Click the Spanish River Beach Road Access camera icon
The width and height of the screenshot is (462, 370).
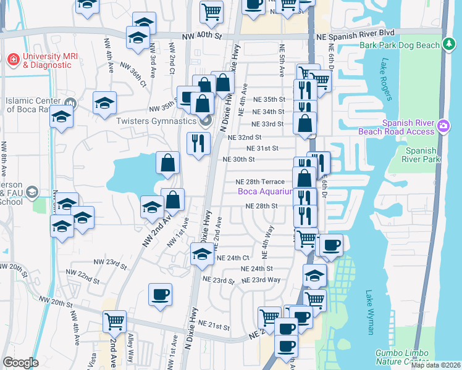(x=443, y=126)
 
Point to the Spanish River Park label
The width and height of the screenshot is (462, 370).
(x=422, y=155)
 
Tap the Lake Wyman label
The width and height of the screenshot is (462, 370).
(x=370, y=312)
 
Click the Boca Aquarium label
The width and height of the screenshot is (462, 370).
(x=265, y=192)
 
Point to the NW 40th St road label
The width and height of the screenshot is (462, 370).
(x=202, y=36)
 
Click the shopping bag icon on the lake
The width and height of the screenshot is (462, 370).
(x=167, y=164)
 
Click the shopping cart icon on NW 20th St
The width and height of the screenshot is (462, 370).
(x=114, y=321)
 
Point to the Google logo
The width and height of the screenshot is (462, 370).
(x=20, y=363)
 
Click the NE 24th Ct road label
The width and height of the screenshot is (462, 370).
(x=232, y=258)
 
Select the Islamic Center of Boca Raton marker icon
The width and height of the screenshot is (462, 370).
(x=70, y=102)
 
